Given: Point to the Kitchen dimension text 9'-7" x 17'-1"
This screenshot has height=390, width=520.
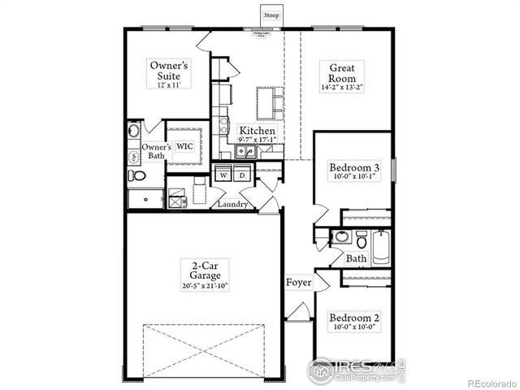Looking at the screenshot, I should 258,140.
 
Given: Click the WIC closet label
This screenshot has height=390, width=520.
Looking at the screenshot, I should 185,147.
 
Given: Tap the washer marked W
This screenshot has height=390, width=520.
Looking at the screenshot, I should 223,175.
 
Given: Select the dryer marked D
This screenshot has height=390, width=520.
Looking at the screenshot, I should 242,175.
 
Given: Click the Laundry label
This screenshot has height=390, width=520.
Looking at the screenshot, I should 233,204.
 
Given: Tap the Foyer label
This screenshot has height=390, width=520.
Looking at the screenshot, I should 299,283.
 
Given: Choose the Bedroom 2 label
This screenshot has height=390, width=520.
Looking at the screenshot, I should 354,318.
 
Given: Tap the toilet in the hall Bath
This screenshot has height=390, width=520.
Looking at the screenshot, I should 340,237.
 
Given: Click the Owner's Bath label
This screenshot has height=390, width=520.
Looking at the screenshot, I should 157,152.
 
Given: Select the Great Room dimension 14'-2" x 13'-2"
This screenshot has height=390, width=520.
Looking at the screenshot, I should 345,85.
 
